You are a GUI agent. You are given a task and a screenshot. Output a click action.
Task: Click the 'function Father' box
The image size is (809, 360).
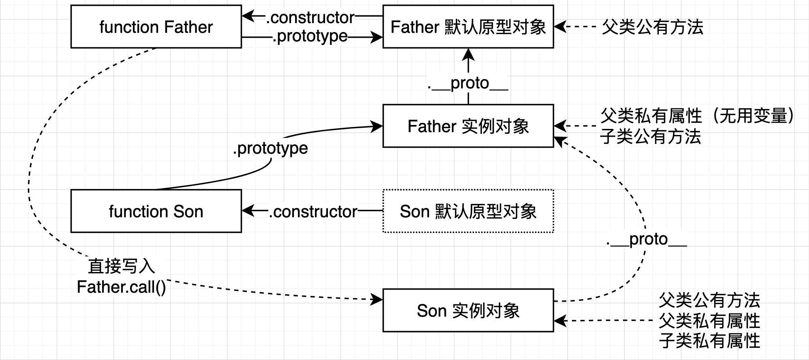(x=156, y=27)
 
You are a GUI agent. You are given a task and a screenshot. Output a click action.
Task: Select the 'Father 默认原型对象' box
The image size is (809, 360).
(x=468, y=27)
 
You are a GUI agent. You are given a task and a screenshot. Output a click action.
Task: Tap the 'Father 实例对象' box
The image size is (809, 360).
(x=468, y=126)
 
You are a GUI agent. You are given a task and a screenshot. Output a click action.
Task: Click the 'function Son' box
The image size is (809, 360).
(x=156, y=211)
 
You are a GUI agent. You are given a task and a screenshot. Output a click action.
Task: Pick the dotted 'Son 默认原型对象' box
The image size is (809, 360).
(x=468, y=211)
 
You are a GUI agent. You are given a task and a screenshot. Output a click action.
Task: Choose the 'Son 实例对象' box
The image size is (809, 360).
(x=468, y=311)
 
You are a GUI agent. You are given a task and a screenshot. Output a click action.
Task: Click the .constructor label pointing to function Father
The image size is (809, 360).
(x=310, y=17)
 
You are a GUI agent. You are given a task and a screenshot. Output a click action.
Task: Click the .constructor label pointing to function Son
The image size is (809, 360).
(x=313, y=211)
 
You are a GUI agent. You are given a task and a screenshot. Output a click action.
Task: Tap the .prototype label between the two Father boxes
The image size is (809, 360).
(x=310, y=36)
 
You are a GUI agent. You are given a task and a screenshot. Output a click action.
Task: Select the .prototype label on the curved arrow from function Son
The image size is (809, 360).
(x=270, y=148)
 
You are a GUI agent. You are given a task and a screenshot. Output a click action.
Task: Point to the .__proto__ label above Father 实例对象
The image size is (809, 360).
(x=468, y=83)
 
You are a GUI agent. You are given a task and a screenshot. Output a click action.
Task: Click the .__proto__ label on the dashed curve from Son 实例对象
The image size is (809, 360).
(x=646, y=239)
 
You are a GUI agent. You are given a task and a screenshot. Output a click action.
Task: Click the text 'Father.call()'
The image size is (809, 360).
(x=121, y=287)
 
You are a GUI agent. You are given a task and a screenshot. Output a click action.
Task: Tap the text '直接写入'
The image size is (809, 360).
(x=121, y=266)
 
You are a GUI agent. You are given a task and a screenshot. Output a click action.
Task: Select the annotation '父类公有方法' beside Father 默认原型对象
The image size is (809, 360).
(x=653, y=27)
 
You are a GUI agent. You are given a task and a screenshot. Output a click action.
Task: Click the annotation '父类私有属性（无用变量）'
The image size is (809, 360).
(x=697, y=116)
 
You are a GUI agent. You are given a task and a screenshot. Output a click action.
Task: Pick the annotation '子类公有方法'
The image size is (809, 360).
(x=651, y=136)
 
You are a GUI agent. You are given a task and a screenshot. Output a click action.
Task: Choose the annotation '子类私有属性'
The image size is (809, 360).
(x=709, y=341)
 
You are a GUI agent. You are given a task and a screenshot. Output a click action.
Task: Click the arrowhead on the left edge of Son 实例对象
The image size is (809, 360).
(x=378, y=300)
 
